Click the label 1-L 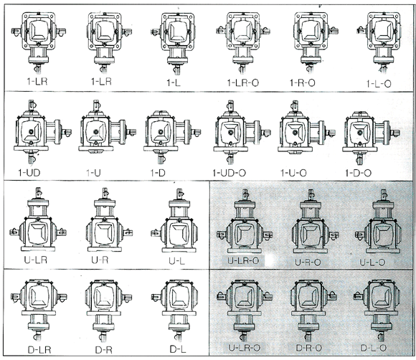(174, 82)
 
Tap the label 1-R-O (303, 82)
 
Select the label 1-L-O (379, 84)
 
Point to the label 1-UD (29, 173)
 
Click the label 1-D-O (358, 173)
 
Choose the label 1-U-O (293, 173)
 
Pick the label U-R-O (308, 262)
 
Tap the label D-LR (39, 350)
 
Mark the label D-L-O (373, 348)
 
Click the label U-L (176, 261)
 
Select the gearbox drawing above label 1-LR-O (243, 42)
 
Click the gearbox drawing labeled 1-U (107, 128)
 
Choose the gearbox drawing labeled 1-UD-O (242, 132)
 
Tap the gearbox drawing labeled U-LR (38, 219)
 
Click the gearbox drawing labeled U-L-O (378, 222)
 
